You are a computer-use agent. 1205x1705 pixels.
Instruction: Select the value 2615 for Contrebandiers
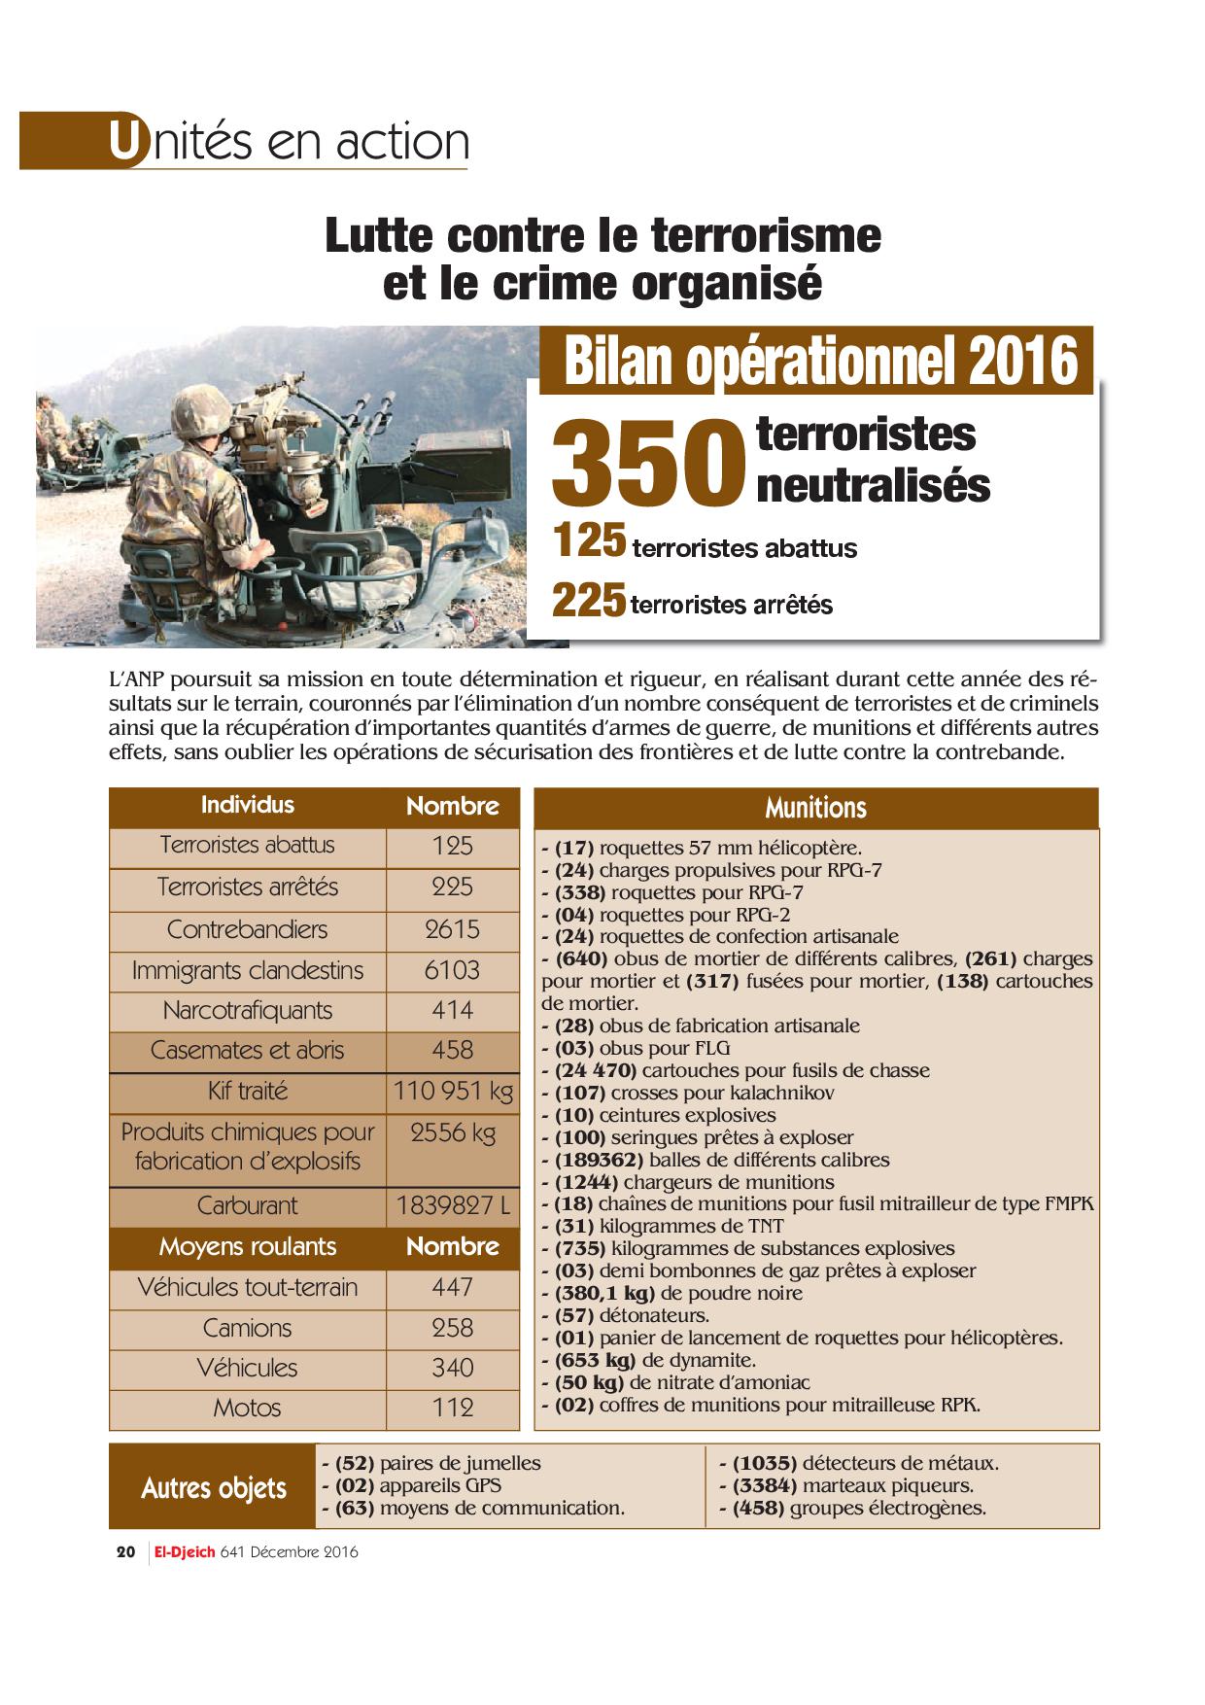pyautogui.click(x=453, y=929)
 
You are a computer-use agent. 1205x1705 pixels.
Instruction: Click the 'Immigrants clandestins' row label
pyautogui.click(x=248, y=970)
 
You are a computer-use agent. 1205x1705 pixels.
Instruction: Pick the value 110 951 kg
pyautogui.click(x=453, y=1092)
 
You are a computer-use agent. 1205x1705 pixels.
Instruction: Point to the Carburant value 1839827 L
pyautogui.click(x=453, y=1206)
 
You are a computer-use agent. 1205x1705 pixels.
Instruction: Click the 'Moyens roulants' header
pyautogui.click(x=248, y=1247)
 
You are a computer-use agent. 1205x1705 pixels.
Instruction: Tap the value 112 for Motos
pyautogui.click(x=453, y=1408)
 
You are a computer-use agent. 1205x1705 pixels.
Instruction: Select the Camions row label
pyautogui.click(x=248, y=1328)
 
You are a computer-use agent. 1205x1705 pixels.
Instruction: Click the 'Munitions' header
pyautogui.click(x=815, y=808)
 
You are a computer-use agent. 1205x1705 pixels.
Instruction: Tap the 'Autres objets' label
pyautogui.click(x=214, y=1488)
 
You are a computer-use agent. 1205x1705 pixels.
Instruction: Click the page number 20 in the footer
pyautogui.click(x=125, y=1552)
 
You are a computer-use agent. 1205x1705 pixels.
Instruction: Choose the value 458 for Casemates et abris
pyautogui.click(x=453, y=1051)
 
